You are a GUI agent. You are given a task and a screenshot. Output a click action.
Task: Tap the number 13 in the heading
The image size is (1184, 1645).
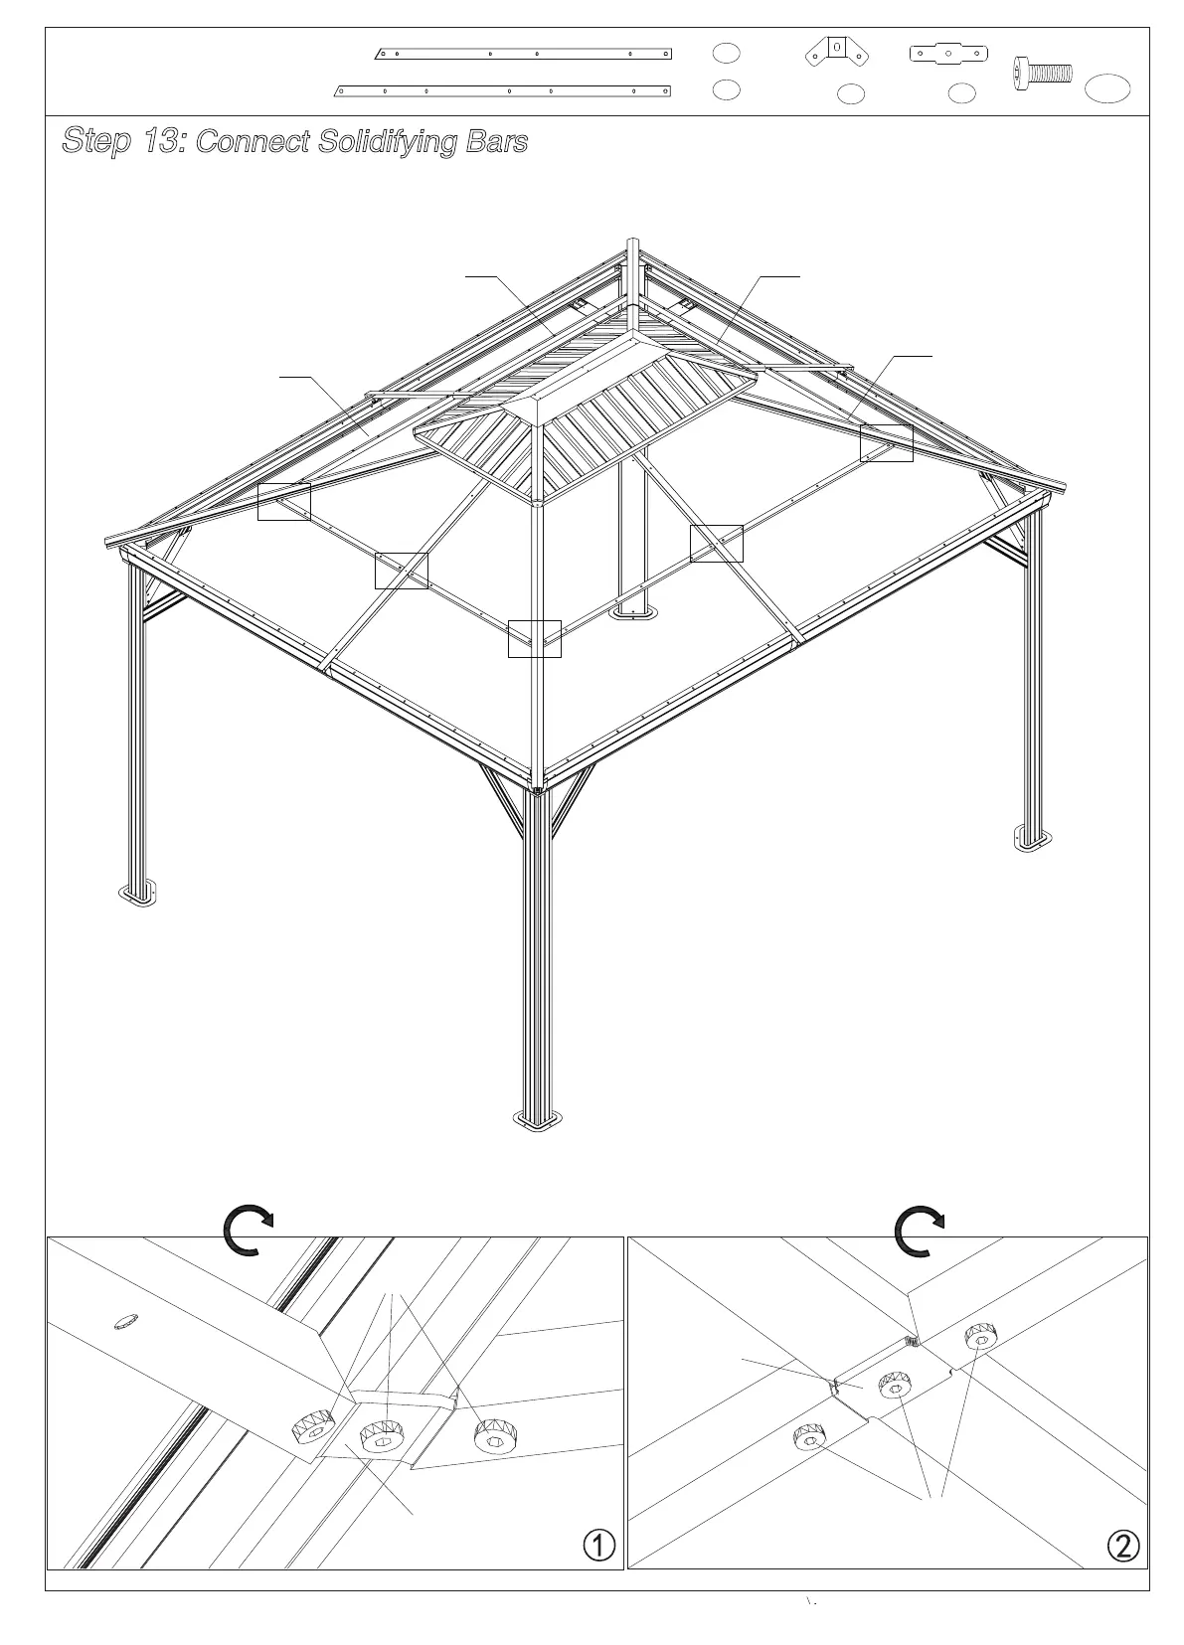click(x=162, y=142)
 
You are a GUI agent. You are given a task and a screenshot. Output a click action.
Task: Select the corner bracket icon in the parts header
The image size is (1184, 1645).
click(x=838, y=52)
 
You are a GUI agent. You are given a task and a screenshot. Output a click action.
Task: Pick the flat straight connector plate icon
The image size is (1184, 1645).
click(x=948, y=53)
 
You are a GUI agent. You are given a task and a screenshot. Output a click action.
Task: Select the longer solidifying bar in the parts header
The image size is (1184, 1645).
click(x=502, y=90)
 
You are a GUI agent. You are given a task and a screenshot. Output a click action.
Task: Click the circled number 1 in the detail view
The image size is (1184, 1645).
click(x=598, y=1545)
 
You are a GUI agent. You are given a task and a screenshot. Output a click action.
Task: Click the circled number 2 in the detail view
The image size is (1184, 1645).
click(x=1122, y=1546)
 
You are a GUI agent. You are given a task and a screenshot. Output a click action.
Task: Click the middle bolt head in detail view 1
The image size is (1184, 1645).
click(x=381, y=1435)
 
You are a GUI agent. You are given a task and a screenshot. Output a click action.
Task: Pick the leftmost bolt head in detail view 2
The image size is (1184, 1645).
click(x=809, y=1438)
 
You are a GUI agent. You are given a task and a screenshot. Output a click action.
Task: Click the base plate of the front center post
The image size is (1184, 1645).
click(x=537, y=1121)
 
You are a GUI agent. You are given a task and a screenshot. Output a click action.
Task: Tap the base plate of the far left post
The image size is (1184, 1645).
click(x=139, y=894)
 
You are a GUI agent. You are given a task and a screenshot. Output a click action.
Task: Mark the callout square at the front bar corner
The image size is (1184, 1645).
click(x=535, y=639)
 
